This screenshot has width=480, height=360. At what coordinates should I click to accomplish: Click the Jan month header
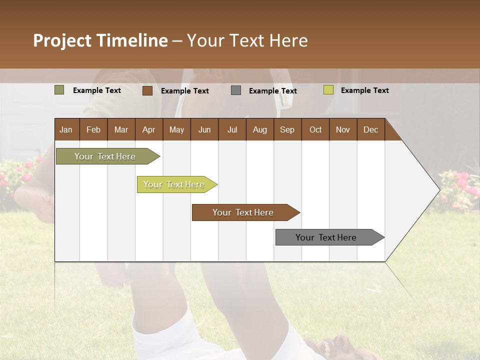pos(66,129)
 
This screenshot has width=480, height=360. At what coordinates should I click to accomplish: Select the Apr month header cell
pos(149,129)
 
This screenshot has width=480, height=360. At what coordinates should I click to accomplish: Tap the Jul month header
pos(232,129)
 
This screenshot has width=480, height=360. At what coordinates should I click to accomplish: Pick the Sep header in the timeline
pos(287,129)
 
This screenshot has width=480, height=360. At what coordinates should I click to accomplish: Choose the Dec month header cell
pos(370,129)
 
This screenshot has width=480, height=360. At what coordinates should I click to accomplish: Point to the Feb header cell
pos(93,129)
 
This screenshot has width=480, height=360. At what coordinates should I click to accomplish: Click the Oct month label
pos(315,129)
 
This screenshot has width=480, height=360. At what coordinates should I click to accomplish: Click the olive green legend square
pos(59,90)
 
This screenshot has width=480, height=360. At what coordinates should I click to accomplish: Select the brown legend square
pos(147,90)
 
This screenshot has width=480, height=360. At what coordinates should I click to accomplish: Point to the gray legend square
pos(236,90)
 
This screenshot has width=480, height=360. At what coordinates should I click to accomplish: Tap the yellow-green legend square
pos(328,90)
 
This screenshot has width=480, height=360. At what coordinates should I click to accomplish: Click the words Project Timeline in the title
pos(100,40)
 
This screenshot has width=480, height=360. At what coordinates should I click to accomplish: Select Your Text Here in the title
pos(247,40)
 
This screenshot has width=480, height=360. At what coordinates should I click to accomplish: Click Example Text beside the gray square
pos(272,91)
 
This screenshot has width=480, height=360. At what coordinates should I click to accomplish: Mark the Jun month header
pos(204,129)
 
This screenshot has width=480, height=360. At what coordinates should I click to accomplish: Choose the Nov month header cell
pos(343,129)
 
